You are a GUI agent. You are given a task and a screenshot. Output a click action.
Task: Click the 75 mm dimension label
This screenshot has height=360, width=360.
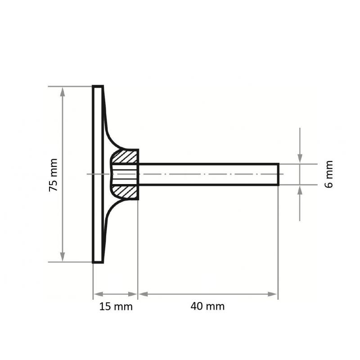click(x=54, y=175)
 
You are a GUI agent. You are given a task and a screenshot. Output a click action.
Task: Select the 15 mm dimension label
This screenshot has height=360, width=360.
click(x=116, y=307)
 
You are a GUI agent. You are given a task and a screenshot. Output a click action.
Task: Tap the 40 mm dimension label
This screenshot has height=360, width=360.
click(x=208, y=307)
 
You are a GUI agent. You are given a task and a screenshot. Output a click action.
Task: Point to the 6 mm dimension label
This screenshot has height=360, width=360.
click(x=329, y=174)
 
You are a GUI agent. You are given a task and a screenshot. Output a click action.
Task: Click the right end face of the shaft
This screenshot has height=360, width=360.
click(x=279, y=174)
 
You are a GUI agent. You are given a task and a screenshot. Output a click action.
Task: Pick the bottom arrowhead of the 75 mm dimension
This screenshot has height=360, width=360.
click(x=63, y=257)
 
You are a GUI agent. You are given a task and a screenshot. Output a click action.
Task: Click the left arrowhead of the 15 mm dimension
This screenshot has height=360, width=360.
click(x=97, y=294)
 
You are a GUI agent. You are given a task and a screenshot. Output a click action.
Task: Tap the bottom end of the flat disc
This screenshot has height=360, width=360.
click(x=98, y=261)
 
